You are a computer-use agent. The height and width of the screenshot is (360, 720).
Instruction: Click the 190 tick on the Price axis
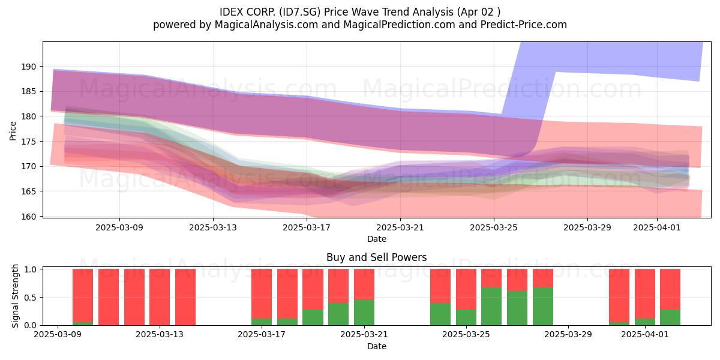(29, 67)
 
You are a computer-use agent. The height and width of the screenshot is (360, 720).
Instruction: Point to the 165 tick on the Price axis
(29, 191)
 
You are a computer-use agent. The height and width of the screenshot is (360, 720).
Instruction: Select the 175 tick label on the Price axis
(29, 142)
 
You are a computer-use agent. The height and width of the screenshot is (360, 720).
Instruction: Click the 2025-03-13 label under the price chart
(213, 227)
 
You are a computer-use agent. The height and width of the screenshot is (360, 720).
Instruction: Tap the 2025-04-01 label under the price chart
(657, 227)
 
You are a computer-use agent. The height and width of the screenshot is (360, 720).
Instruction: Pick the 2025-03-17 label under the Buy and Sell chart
(262, 335)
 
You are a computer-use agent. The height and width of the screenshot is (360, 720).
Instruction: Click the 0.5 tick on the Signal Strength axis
(30, 298)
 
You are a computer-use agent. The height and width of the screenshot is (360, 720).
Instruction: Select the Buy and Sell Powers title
(377, 257)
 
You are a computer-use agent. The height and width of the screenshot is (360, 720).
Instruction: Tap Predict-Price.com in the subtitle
(524, 25)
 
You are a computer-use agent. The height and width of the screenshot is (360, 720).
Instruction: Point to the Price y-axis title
(13, 131)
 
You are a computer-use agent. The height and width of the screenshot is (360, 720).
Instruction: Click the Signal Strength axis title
(15, 296)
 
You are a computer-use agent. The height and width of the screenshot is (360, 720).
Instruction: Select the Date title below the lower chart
(377, 347)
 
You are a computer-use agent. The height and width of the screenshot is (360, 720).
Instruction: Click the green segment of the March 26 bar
(491, 307)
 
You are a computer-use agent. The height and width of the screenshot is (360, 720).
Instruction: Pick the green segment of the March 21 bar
(364, 313)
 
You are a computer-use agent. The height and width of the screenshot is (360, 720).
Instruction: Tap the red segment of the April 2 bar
(670, 289)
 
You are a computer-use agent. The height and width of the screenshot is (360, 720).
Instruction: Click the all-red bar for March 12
(134, 297)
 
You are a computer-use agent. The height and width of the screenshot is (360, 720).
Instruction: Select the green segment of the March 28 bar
(543, 307)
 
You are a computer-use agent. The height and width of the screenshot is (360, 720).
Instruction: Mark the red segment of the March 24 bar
(440, 286)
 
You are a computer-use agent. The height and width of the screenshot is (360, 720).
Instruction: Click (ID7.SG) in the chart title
(300, 12)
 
